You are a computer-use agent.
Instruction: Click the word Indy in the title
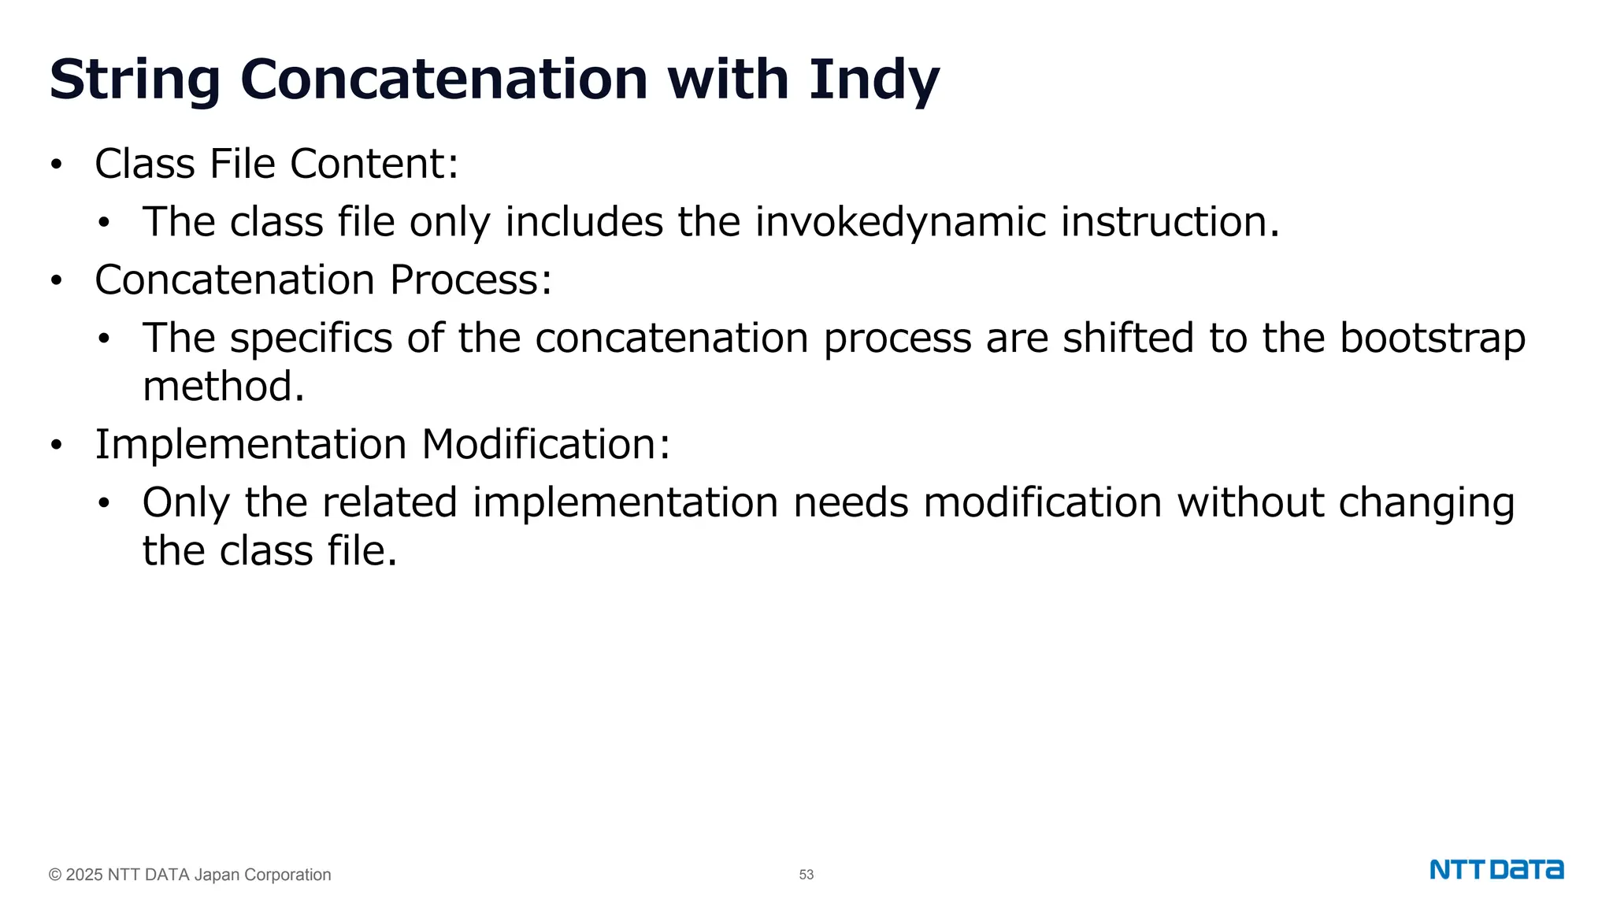click(874, 80)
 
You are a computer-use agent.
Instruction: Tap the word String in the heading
click(135, 80)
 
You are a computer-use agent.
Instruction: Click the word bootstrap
click(1433, 339)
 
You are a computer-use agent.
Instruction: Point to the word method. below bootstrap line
click(223, 387)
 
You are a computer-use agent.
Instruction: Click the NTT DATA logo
click(1496, 870)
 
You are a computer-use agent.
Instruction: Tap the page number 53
click(806, 875)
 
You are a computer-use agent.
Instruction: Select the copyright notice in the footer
click(190, 875)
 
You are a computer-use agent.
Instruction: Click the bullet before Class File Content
click(56, 165)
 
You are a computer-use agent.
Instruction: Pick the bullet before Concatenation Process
click(56, 281)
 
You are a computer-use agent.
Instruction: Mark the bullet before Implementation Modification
click(56, 446)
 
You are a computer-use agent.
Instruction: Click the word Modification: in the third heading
click(546, 445)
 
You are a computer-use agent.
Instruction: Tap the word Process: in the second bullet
click(471, 280)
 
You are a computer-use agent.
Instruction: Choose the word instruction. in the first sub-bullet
click(1170, 222)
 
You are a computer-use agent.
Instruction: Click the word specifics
click(311, 339)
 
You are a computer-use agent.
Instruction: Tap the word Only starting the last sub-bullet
click(187, 502)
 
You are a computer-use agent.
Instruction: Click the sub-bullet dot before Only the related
click(104, 504)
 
